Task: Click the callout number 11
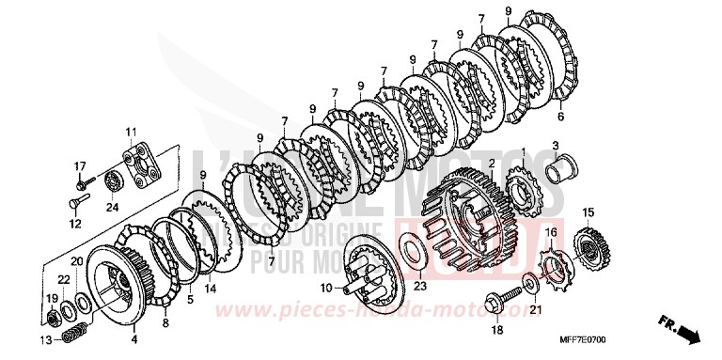131,131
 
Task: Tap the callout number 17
81,166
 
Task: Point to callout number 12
75,224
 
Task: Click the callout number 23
420,287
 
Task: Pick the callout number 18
497,330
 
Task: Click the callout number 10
326,287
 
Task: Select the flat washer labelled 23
411,255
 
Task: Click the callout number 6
560,117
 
